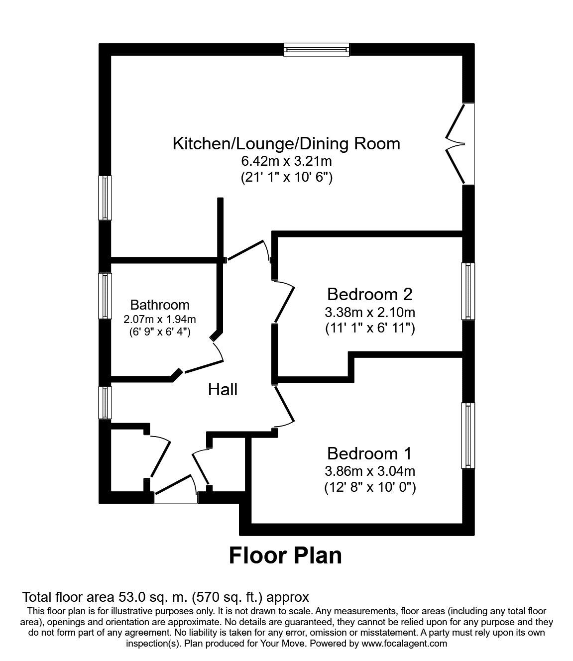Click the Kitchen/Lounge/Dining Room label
286,144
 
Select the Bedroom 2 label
369,294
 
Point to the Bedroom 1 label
369,453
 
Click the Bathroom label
160,305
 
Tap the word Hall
223,389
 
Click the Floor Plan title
285,555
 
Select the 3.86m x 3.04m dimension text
369,470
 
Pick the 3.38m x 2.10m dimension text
369,312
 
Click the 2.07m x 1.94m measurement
160,319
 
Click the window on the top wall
317,49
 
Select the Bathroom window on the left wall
105,295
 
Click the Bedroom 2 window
468,291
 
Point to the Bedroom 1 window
468,436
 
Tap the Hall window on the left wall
105,403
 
